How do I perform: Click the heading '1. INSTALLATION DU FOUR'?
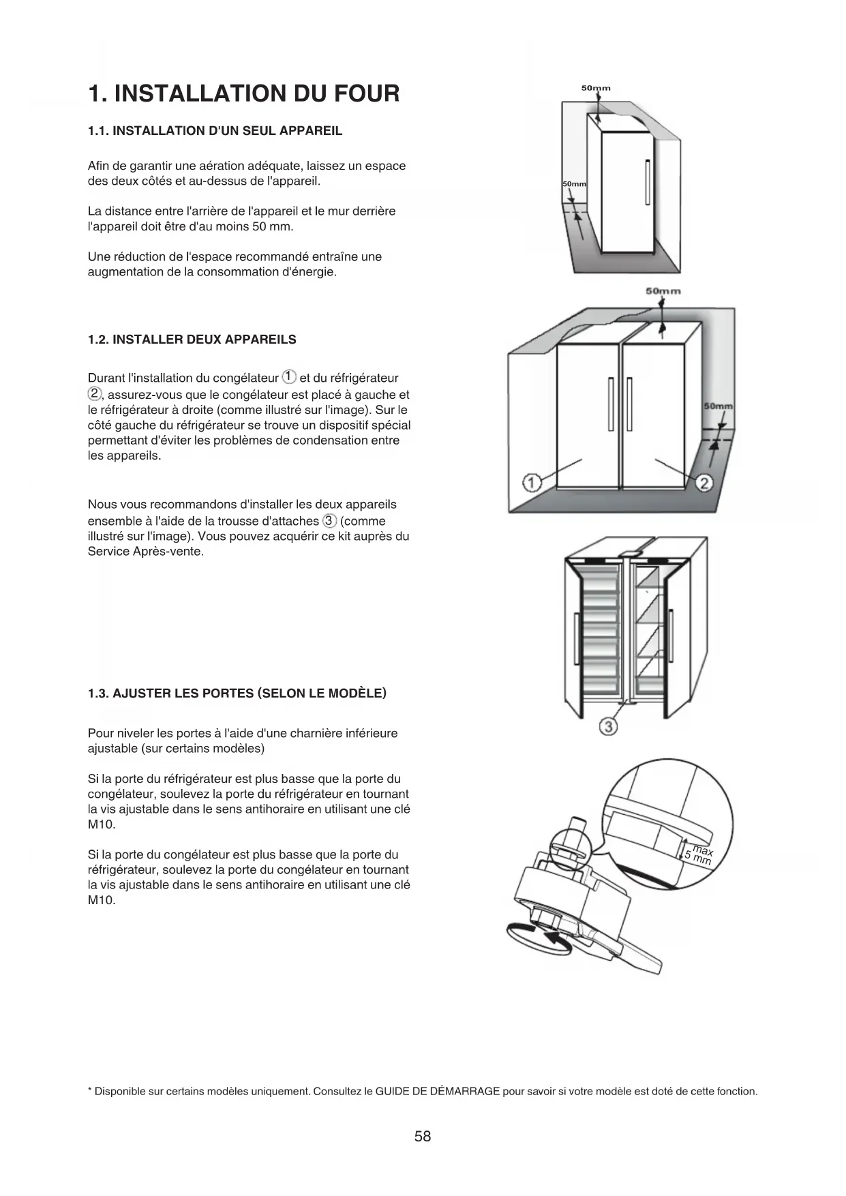(243, 93)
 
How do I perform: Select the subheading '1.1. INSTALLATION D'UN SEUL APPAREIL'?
(215, 131)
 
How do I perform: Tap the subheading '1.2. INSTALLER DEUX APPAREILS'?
(192, 340)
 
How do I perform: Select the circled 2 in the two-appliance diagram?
(705, 483)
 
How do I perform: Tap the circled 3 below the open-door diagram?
(607, 727)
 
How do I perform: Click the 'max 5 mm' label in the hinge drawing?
(699, 855)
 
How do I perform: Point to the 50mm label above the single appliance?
(596, 88)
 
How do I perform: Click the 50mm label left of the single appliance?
(574, 185)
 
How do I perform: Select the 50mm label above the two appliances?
(663, 291)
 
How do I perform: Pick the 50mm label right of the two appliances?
(718, 406)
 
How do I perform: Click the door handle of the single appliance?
(647, 181)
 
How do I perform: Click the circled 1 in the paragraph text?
(289, 377)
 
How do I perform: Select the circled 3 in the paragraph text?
(329, 521)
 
